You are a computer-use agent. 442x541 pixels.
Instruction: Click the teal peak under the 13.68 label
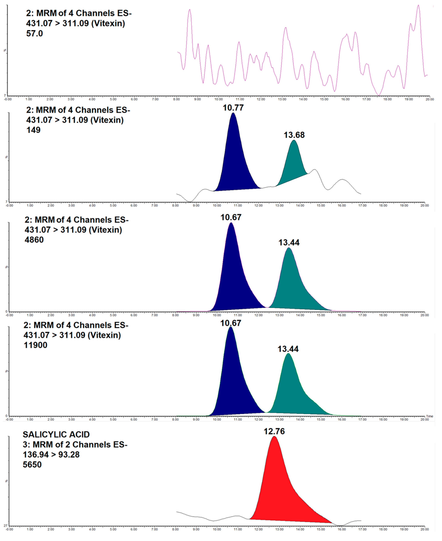(293, 163)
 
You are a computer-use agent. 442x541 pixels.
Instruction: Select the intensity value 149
(33, 130)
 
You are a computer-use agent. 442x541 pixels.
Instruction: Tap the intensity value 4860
(34, 240)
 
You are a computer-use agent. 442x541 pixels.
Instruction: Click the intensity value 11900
(35, 345)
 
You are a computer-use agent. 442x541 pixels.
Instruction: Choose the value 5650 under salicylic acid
(32, 465)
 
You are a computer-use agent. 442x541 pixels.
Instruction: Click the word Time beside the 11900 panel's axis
(430, 416)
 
